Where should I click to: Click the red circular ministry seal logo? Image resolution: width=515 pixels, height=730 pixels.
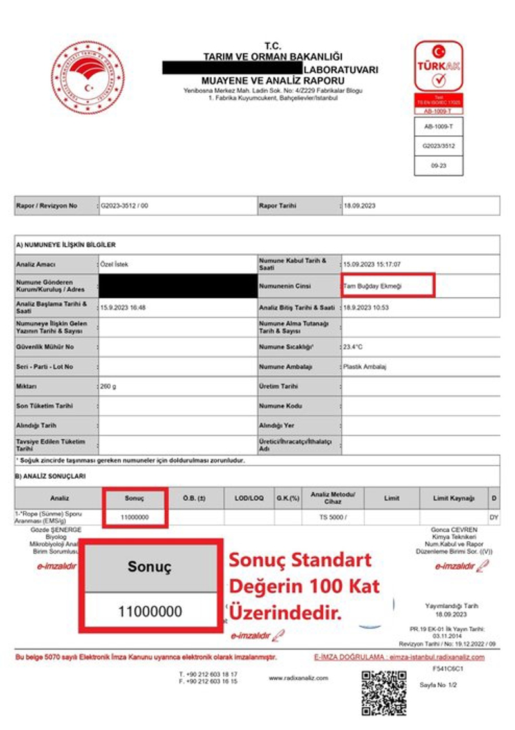pyautogui.click(x=88, y=77)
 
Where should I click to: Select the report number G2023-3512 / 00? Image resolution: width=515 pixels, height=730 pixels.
pyautogui.click(x=124, y=206)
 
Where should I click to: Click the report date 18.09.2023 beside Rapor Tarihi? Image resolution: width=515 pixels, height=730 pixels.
pyautogui.click(x=360, y=206)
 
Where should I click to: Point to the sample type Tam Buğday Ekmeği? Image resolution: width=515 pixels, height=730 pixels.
pyautogui.click(x=373, y=285)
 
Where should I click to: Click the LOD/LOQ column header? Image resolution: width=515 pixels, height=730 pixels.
pyautogui.click(x=249, y=498)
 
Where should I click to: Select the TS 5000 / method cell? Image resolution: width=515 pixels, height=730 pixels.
pyautogui.click(x=333, y=517)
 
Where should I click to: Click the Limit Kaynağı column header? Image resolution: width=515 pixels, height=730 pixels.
pyautogui.click(x=457, y=498)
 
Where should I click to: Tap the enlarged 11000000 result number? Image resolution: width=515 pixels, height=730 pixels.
pyautogui.click(x=150, y=610)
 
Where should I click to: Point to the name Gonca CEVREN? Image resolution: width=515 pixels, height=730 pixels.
pyautogui.click(x=454, y=530)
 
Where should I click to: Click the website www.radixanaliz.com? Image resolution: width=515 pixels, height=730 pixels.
pyautogui.click(x=298, y=678)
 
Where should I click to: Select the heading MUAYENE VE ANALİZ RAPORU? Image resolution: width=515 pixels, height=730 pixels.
pyautogui.click(x=269, y=80)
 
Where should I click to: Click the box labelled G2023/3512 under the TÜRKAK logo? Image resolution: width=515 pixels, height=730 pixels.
pyautogui.click(x=438, y=146)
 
